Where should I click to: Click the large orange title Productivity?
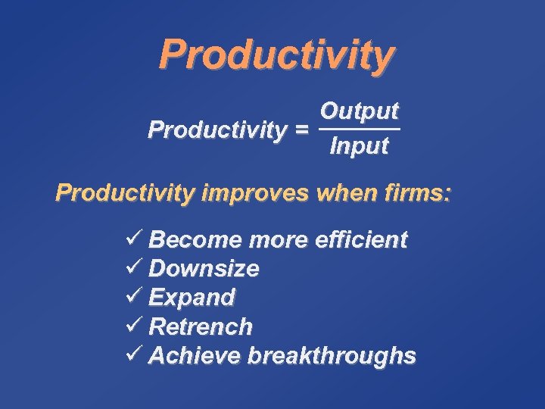tap(276, 55)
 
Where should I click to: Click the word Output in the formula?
tap(359, 111)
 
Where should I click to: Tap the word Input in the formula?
tap(359, 146)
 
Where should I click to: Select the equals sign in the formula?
tap(301, 130)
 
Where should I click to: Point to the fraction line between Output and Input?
tap(359, 129)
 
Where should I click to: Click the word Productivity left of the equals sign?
tap(217, 130)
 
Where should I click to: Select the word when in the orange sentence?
tap(340, 193)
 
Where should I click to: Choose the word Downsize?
tap(204, 269)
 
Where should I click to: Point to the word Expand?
tap(192, 298)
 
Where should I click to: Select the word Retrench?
tap(201, 327)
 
